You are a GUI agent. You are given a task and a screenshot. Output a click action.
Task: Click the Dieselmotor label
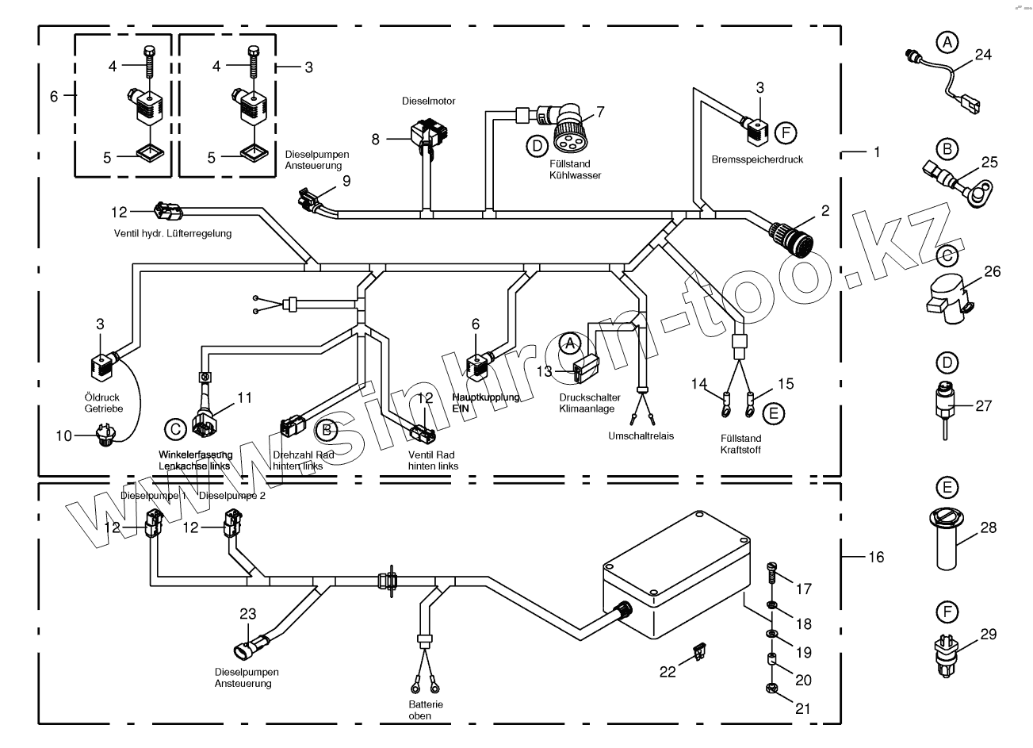[428, 102]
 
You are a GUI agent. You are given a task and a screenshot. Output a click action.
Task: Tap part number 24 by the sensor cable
[983, 55]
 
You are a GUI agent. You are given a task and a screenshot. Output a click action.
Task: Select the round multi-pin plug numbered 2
[793, 236]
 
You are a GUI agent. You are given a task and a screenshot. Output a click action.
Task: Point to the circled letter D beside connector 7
[537, 144]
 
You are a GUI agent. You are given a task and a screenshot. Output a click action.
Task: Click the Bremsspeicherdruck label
[757, 159]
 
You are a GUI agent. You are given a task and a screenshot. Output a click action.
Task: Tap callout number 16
[875, 558]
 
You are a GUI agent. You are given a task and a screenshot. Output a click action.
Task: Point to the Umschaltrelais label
[641, 436]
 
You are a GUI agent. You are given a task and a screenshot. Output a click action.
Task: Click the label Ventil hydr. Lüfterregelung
[171, 233]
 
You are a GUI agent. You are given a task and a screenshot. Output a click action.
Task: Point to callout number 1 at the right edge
[876, 151]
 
